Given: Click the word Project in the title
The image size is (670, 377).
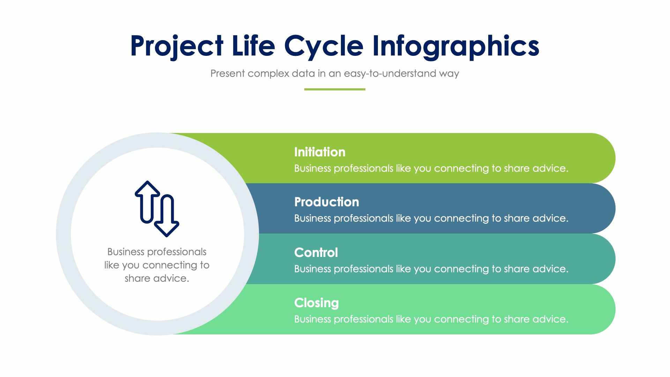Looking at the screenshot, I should point(177,46).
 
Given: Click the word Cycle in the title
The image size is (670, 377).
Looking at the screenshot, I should point(324,46).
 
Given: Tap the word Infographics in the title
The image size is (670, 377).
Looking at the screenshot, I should point(455,46).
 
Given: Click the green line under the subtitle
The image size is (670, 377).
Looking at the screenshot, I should point(335,89).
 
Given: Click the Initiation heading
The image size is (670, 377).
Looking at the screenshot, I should point(320,152).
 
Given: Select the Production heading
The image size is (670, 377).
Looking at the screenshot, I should point(326,202).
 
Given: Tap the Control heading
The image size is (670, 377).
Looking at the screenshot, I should point(316,253).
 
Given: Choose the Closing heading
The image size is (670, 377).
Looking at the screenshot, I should point(316,303).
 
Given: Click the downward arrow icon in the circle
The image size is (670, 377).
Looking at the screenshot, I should point(167,216).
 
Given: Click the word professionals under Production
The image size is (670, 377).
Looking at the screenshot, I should point(363,219).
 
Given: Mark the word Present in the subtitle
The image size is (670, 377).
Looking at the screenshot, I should point(228,74).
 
